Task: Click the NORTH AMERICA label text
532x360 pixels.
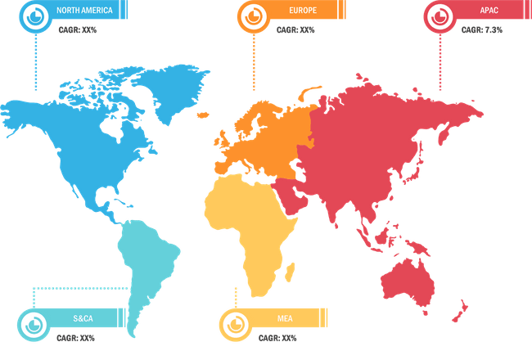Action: [84, 11]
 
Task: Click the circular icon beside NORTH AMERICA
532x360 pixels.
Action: [36, 16]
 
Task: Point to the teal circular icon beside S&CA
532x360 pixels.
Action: [32, 322]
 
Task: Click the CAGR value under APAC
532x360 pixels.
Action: [482, 29]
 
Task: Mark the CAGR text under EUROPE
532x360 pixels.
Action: [295, 29]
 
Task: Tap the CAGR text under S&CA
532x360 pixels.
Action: [75, 337]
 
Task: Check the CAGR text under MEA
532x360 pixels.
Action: [277, 337]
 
